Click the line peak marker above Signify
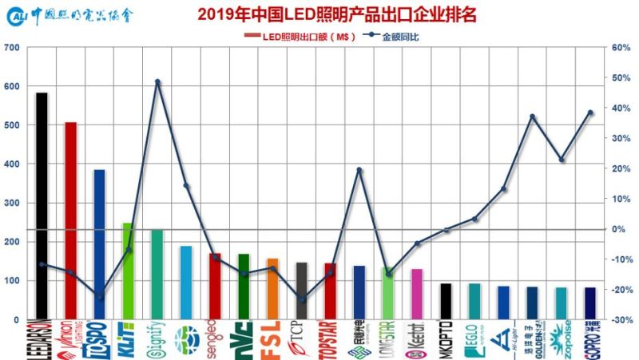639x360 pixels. click(157, 81)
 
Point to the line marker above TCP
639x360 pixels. click(301, 300)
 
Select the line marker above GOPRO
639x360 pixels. click(590, 113)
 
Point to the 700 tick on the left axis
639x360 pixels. click(13, 48)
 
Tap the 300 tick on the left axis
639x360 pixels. click(13, 204)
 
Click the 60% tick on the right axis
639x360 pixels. click(621, 48)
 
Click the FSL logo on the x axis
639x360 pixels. click(272, 338)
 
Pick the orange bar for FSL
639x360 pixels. click(272, 288)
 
